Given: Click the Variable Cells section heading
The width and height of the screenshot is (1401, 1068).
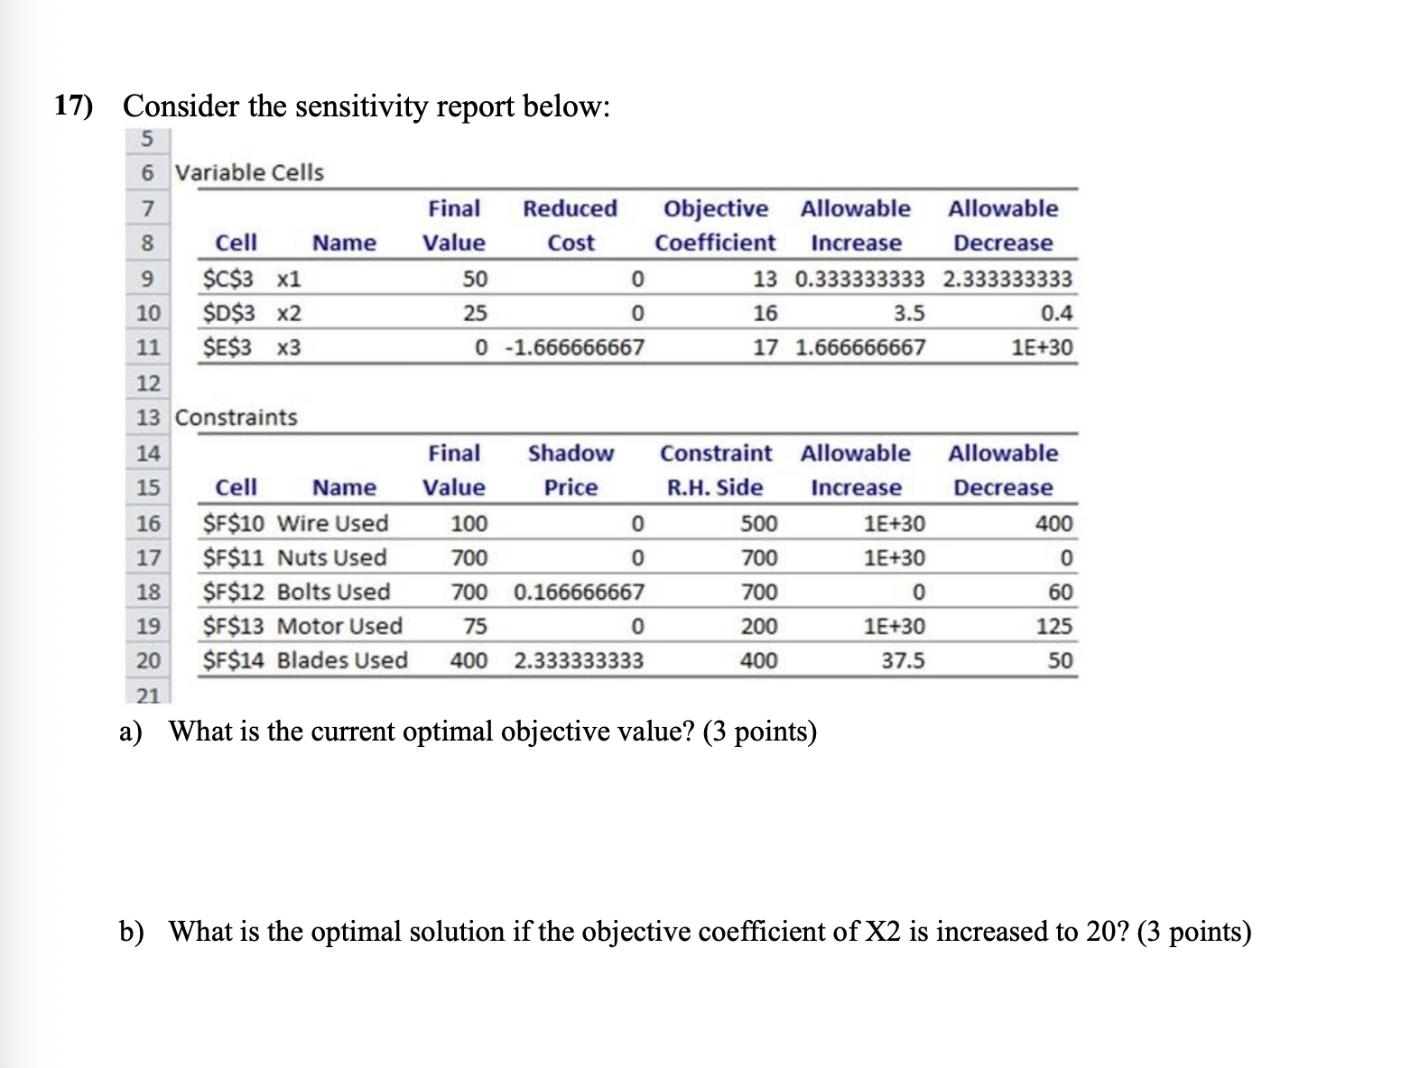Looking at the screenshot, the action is click(249, 172).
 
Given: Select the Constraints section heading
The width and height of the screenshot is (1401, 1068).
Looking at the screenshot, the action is click(236, 418).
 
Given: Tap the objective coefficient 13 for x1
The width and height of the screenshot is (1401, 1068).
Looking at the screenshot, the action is click(764, 279).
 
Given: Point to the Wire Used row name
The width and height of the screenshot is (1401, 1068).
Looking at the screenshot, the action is click(332, 523).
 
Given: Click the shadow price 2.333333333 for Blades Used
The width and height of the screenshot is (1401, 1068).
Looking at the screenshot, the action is click(579, 661).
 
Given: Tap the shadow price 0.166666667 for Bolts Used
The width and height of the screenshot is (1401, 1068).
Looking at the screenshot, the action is click(579, 593).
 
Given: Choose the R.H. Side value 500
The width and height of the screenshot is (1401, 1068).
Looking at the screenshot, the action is click(758, 523).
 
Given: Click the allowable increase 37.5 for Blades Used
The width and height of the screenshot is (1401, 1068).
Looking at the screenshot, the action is click(903, 661).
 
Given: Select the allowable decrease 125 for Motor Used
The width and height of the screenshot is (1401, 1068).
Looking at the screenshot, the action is click(1053, 627).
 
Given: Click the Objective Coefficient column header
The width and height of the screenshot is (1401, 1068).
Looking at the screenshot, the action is click(715, 226).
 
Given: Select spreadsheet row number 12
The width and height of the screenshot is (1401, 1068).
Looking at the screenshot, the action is click(148, 383).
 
